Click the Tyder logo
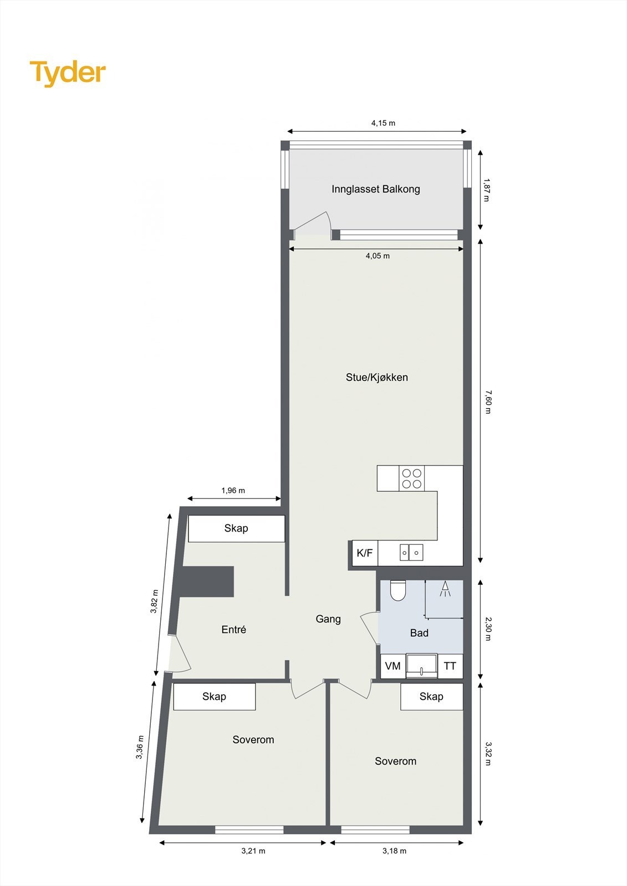(x=67, y=73)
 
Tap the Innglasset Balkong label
(x=375, y=189)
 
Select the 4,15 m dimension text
(x=383, y=123)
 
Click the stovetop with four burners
(x=411, y=478)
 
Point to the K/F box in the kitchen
(x=365, y=553)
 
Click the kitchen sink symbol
(x=411, y=553)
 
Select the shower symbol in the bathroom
(x=445, y=589)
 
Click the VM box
(x=392, y=666)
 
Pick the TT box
(x=450, y=666)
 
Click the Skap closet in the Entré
(x=236, y=528)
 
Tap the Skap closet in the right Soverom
(x=431, y=697)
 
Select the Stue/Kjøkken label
(x=376, y=377)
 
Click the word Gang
(x=328, y=619)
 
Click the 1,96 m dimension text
(x=233, y=491)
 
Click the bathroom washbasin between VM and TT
(x=421, y=666)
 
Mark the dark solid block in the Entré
(x=208, y=581)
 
